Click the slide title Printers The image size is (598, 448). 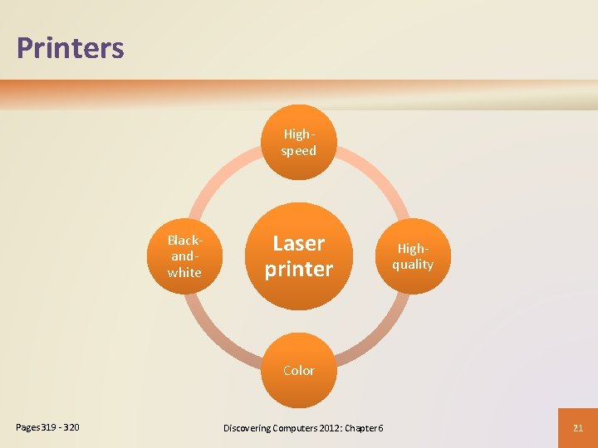tap(70, 48)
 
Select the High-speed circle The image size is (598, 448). tap(298, 142)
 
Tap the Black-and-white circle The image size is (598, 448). tap(184, 256)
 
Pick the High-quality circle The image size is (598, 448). tap(413, 256)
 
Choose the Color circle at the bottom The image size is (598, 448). tap(298, 371)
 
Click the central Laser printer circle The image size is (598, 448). tap(298, 256)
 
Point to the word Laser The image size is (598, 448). tap(298, 243)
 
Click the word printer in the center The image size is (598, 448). tap(298, 270)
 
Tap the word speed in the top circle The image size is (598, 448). tap(298, 151)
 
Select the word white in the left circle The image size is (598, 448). tap(184, 273)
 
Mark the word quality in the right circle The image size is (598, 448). tap(413, 265)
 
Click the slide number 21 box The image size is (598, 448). tap(578, 427)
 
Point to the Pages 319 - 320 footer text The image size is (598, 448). tap(48, 427)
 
